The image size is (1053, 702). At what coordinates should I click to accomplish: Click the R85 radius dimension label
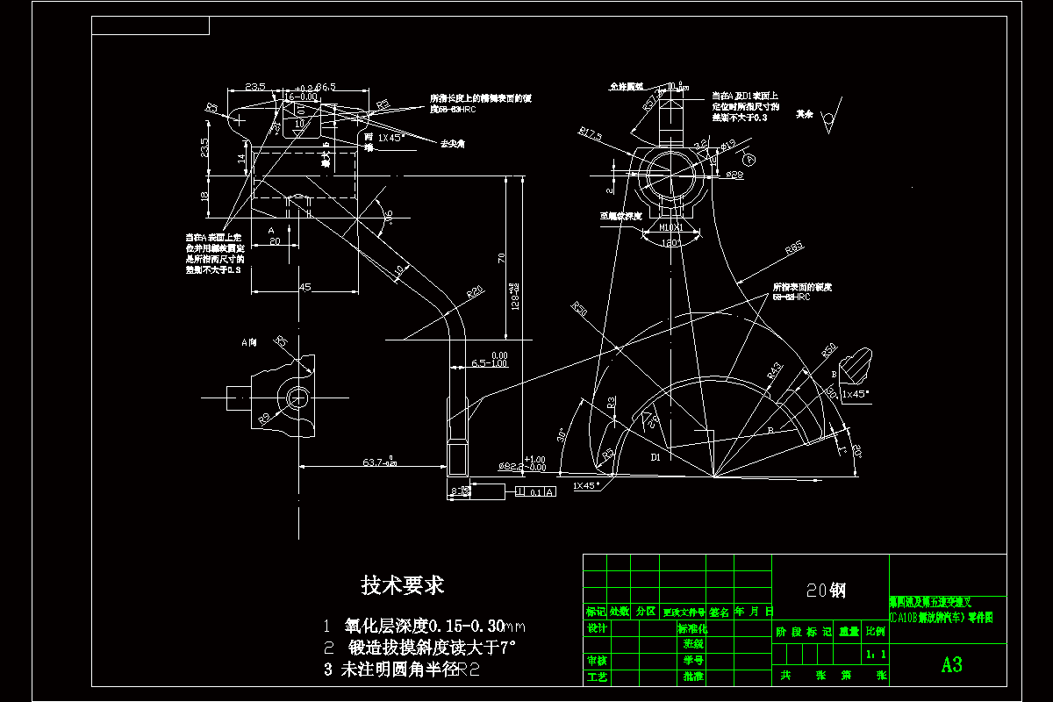(x=793, y=248)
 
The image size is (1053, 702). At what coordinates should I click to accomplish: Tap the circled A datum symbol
(x=749, y=160)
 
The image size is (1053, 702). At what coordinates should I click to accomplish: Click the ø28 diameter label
(x=735, y=175)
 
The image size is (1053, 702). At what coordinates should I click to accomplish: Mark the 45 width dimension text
(x=304, y=287)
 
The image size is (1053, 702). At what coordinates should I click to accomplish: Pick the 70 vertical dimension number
(x=501, y=257)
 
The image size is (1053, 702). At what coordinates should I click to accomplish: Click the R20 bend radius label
(x=475, y=290)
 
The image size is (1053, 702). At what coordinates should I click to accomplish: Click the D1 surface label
(x=655, y=457)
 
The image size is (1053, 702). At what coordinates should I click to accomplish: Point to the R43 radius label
(x=775, y=370)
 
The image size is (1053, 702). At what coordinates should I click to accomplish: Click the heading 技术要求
(x=403, y=585)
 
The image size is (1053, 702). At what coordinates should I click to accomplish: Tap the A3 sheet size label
(x=951, y=664)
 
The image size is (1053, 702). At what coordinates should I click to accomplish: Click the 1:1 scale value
(x=875, y=654)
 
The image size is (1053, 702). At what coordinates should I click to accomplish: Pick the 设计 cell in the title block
(x=596, y=628)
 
